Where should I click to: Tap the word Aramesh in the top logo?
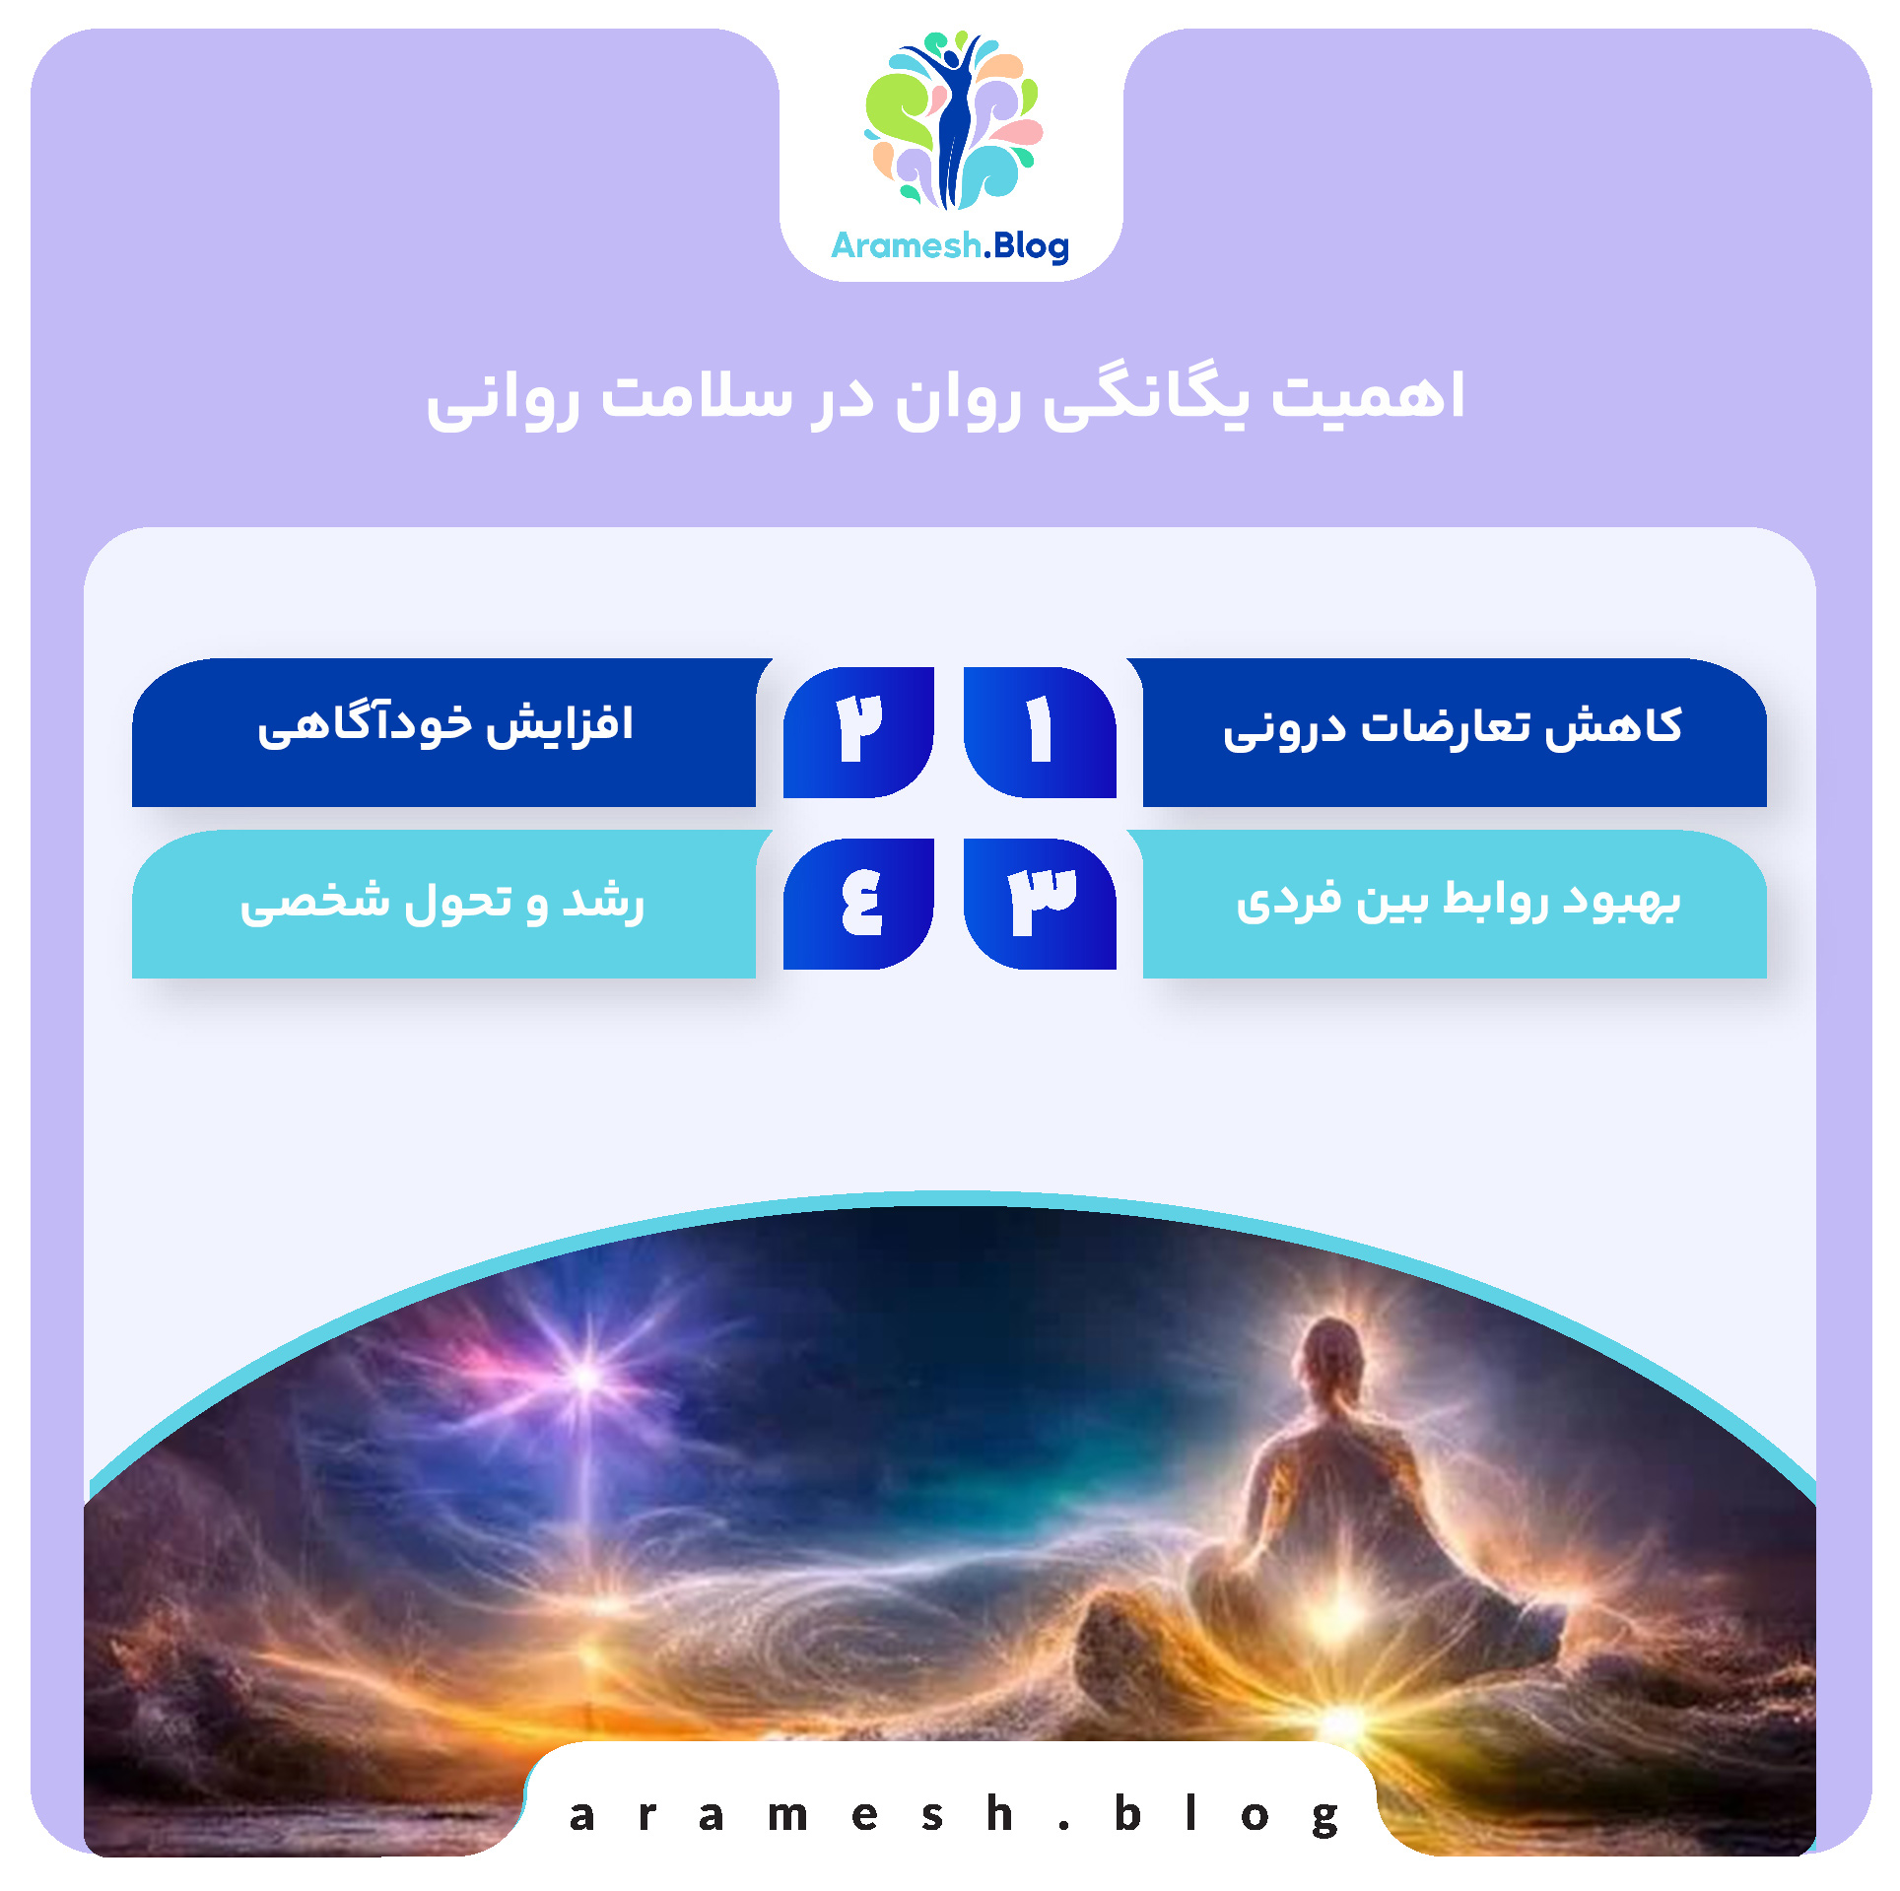906,245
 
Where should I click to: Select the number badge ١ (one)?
1040,731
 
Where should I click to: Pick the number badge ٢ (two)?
858,731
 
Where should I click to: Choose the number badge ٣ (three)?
1040,903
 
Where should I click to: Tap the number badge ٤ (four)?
858,903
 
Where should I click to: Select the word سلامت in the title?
697,397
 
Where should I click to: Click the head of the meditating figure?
1332,1355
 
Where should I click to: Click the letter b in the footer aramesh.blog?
1127,1814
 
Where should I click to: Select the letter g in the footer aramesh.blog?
1325,1818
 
